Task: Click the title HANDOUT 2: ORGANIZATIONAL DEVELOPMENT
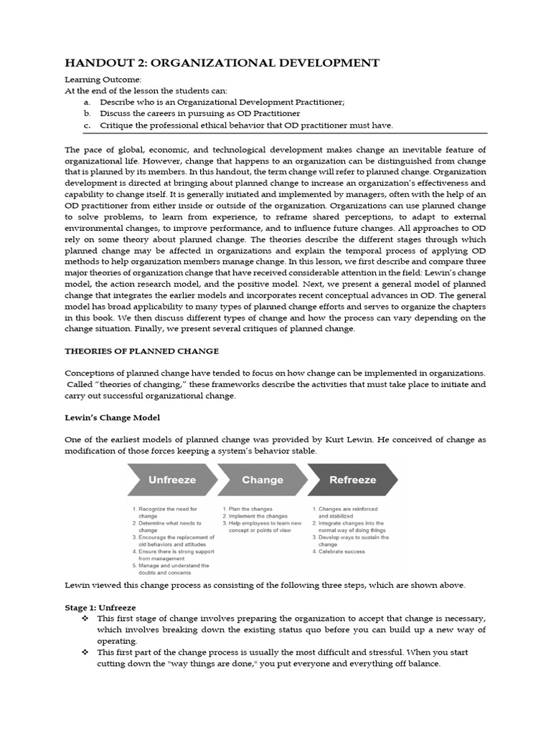222,63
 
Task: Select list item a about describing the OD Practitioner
222,103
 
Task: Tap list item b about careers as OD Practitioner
199,113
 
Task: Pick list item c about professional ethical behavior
246,125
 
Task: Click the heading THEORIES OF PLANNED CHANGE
142,351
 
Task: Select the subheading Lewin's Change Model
112,417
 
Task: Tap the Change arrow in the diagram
262,480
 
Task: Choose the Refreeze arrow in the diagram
352,480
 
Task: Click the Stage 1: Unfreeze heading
95,606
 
